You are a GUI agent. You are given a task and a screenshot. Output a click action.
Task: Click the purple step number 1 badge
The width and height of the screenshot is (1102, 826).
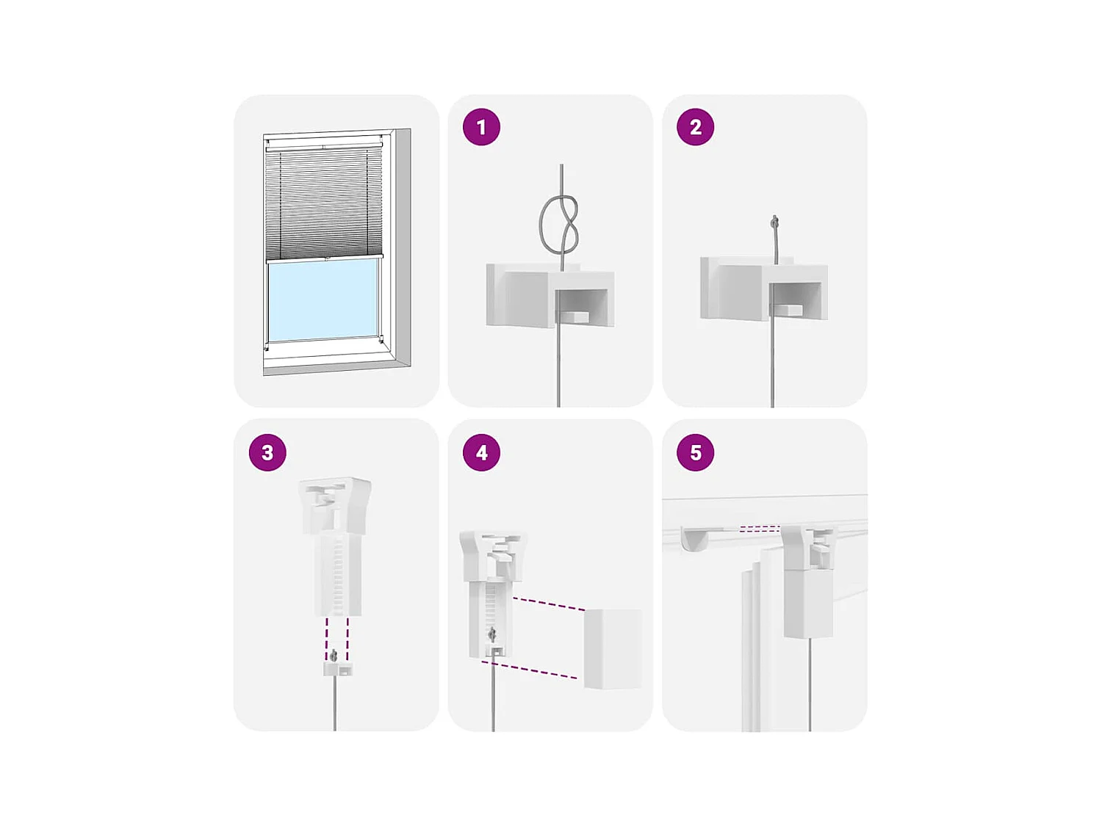coord(481,127)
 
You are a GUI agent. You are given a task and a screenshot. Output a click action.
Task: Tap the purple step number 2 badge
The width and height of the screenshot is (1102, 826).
coord(695,127)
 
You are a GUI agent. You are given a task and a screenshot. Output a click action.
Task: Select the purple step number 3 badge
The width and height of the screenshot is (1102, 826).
coord(267,452)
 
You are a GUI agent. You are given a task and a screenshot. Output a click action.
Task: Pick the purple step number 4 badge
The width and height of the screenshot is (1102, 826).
coord(481,452)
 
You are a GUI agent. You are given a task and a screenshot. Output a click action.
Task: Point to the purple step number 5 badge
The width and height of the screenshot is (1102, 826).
coord(695,452)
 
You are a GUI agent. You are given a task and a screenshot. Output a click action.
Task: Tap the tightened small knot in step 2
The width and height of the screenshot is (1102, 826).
coord(774,222)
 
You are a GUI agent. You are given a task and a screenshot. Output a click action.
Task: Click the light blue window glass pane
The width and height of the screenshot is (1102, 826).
coord(323,300)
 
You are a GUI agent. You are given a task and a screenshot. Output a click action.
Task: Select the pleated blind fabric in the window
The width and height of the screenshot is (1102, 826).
coord(323,202)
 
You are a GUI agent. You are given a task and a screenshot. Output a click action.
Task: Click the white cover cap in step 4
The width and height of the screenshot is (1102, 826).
coord(612,648)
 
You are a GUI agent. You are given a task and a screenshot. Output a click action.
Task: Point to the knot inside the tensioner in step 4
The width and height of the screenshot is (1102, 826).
coord(492,634)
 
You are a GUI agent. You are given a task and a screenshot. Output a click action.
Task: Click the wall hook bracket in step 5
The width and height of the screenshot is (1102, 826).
coord(695,539)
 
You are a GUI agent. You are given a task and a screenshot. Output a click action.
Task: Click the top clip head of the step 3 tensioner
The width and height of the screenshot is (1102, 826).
coord(335,503)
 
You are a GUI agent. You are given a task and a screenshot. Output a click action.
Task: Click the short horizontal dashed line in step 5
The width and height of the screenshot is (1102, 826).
coord(759,529)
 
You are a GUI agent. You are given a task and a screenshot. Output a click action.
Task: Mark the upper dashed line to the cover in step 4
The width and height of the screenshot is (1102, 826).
coord(549,604)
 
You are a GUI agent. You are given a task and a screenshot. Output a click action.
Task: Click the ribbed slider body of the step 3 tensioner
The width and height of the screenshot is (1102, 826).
coord(337,576)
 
